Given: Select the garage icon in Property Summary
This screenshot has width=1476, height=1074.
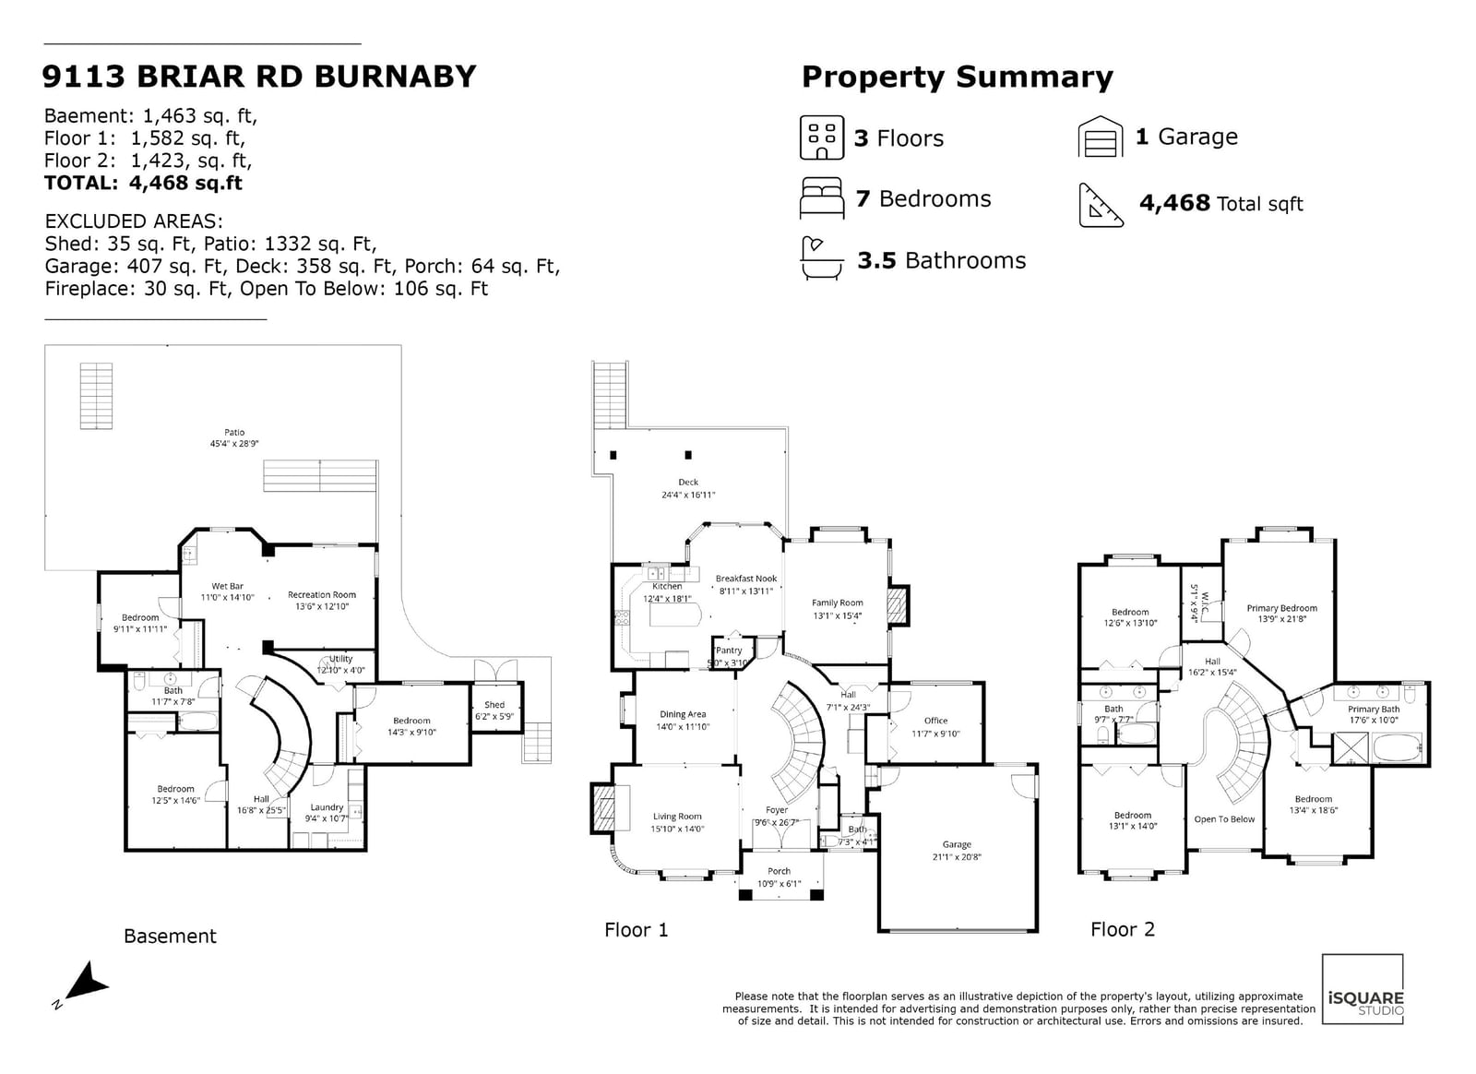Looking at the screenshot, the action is (1101, 137).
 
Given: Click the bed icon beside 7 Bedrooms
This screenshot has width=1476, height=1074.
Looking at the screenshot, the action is (822, 197).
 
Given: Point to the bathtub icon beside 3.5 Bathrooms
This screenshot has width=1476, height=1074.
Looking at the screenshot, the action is (822, 259).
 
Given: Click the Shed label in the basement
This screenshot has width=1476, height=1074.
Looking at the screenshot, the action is (494, 704).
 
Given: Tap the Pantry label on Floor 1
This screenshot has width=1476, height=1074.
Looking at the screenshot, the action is (729, 650).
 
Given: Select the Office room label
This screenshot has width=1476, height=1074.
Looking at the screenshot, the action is (935, 721).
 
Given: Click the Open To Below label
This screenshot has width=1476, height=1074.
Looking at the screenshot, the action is (1224, 819).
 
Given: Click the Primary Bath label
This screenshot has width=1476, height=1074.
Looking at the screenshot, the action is (1374, 709).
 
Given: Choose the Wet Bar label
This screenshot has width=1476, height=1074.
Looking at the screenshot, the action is (227, 586).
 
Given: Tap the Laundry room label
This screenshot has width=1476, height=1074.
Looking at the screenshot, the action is (327, 807).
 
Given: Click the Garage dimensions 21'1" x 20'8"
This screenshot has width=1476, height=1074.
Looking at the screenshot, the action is (957, 856).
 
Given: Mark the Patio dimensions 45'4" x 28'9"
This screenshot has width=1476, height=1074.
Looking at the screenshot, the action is (234, 444).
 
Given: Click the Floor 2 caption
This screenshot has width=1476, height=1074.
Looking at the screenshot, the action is (1123, 929).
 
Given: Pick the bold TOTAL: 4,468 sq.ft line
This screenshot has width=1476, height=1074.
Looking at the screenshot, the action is (143, 183).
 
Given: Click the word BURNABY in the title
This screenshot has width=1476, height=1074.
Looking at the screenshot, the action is (395, 77).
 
